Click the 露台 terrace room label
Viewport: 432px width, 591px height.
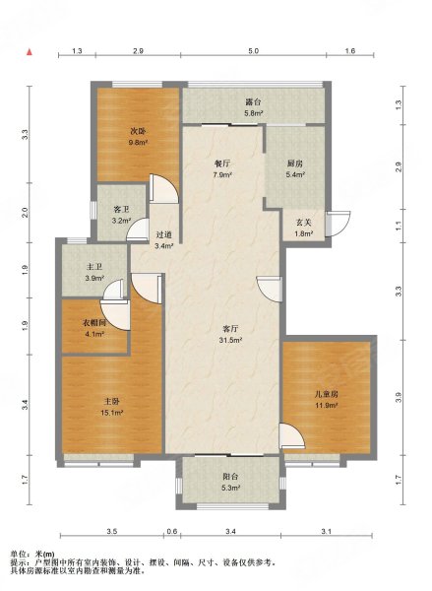pos(253,101)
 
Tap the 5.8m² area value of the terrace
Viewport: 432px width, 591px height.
pos(254,112)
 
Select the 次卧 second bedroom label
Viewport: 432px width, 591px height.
pos(138,132)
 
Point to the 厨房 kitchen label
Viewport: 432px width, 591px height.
pos(294,164)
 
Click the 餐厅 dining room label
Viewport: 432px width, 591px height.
pos(221,164)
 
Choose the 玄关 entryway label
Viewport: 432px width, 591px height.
pos(303,223)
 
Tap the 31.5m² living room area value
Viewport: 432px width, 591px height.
pos(231,340)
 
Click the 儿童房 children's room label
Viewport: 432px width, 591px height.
pos(326,395)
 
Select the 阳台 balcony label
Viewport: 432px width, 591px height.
pos(230,477)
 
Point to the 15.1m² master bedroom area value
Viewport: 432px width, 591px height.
pos(112,413)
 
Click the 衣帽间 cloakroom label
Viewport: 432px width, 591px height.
pos(94,323)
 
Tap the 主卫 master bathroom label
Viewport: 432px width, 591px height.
pos(94,267)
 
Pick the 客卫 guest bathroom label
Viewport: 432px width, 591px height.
pos(121,210)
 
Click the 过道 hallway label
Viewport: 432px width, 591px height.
pos(163,234)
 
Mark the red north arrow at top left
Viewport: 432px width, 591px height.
pos(29,52)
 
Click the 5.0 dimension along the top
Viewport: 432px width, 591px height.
pos(253,51)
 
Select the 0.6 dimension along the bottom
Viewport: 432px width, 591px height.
pos(172,532)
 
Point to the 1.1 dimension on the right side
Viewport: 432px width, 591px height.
pos(399,226)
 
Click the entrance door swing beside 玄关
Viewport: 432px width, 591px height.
pos(339,224)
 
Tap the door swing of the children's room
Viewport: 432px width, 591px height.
pos(292,436)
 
